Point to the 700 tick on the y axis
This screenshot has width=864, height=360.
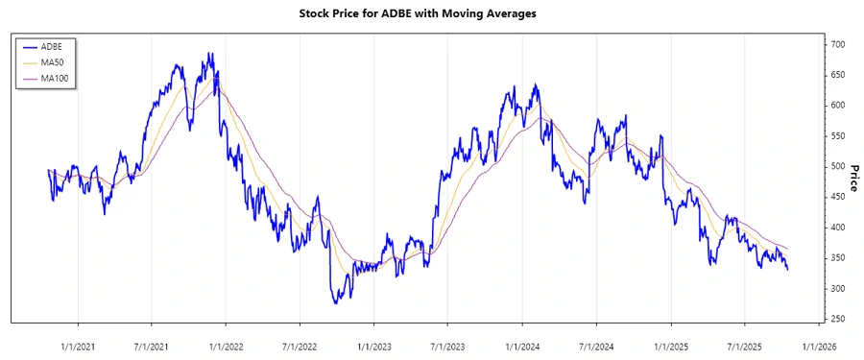(x=838, y=44)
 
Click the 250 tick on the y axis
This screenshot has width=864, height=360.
(x=838, y=319)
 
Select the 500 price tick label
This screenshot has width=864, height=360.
(x=838, y=166)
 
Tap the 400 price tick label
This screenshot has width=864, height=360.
(x=838, y=228)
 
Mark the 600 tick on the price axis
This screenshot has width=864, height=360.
(x=838, y=105)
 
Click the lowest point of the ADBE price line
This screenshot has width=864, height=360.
(x=336, y=303)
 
